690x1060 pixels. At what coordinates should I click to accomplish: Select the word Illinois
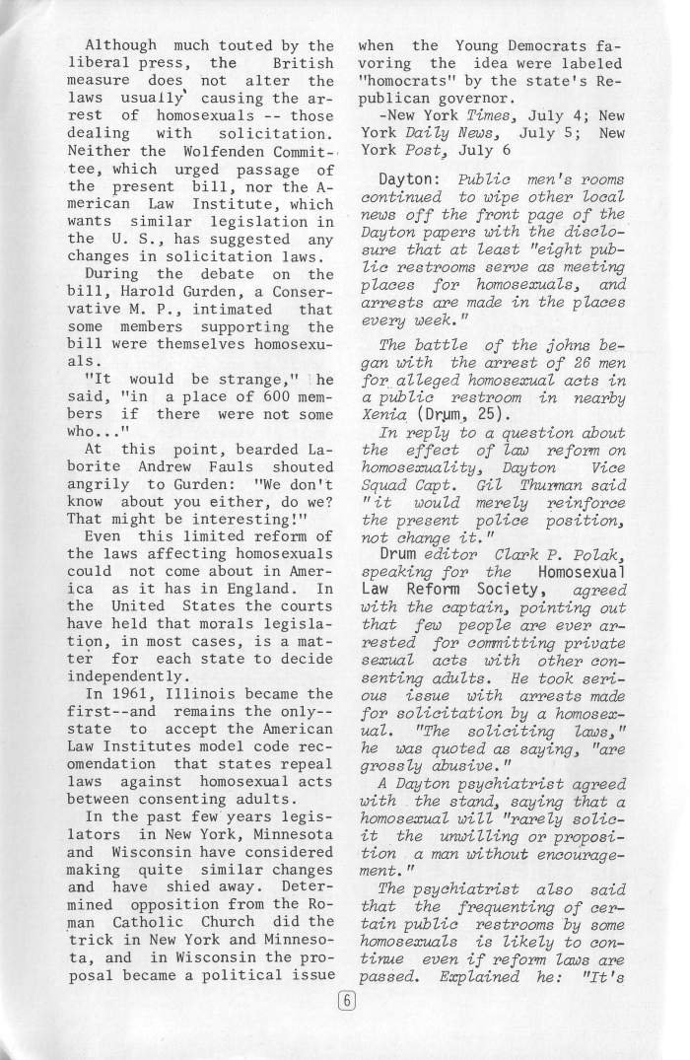197,666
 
